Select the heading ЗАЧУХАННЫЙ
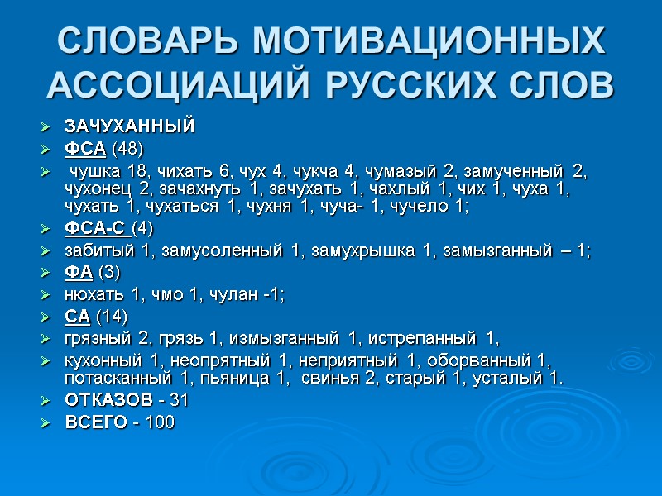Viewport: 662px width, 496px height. (x=129, y=126)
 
